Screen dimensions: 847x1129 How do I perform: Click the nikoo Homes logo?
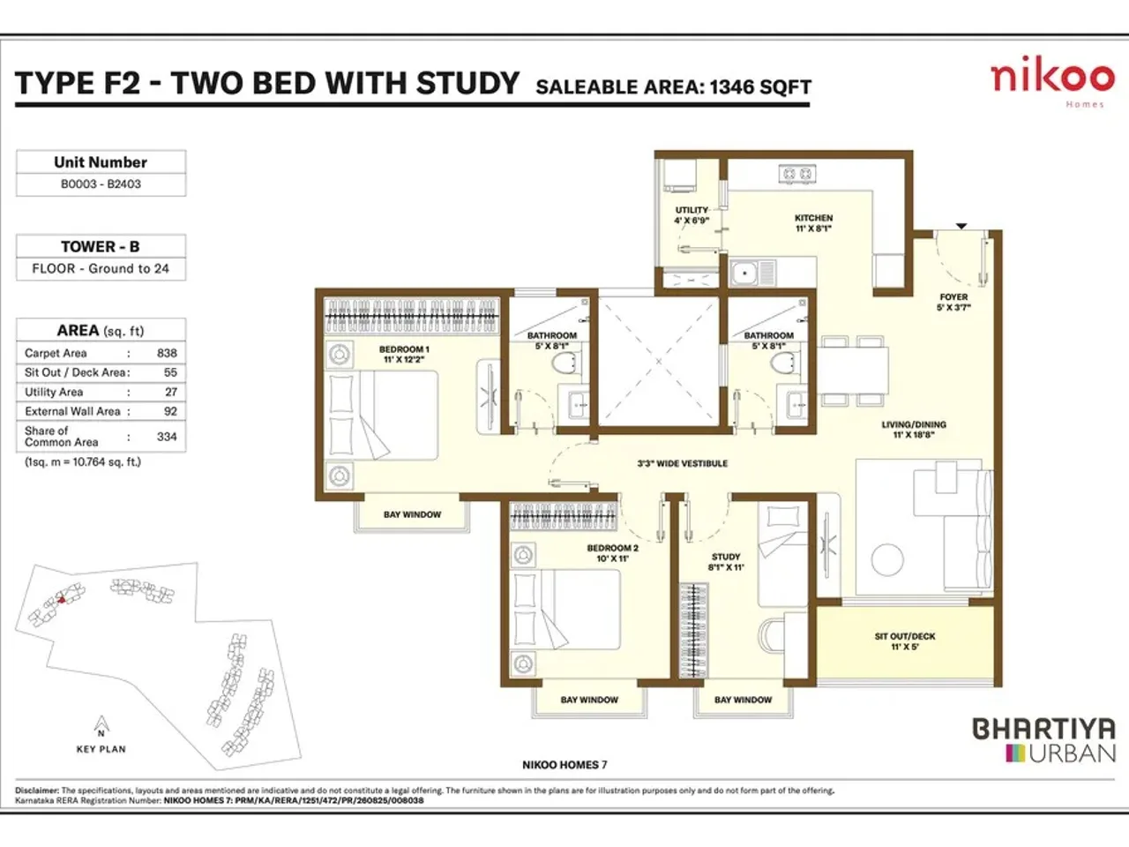click(x=1052, y=79)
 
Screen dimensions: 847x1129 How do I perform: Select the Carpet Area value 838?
click(x=167, y=353)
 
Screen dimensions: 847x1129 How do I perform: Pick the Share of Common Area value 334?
click(x=167, y=437)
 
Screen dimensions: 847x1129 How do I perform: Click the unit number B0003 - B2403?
click(x=101, y=184)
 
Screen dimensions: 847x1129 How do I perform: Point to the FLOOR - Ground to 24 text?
click(x=101, y=269)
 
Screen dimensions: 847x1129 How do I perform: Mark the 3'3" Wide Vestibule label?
click(x=682, y=463)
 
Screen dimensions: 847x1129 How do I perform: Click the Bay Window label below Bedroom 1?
click(x=412, y=514)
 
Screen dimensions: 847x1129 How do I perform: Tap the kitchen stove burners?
click(x=796, y=175)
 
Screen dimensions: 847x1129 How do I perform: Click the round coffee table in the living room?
click(x=887, y=559)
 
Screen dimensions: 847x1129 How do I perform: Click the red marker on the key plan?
click(x=62, y=600)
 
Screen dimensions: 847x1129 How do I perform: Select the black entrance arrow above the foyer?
click(x=961, y=227)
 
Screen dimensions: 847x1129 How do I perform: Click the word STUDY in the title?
click(x=467, y=83)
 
